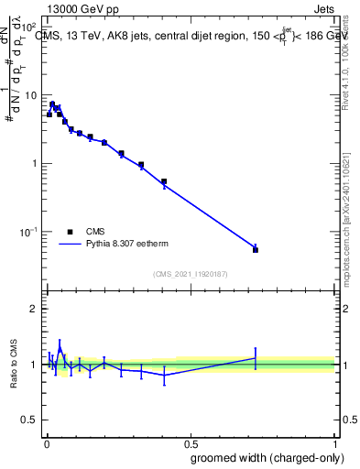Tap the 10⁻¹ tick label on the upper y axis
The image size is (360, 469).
tap(30, 232)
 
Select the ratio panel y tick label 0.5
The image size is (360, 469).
tap(30, 420)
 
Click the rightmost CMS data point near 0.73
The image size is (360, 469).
tap(256, 249)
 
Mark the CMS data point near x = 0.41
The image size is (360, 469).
tap(164, 181)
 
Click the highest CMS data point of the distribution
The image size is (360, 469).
tap(52, 104)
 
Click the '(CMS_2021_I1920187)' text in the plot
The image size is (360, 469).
tap(190, 273)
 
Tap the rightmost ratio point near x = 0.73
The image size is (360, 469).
tap(256, 358)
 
